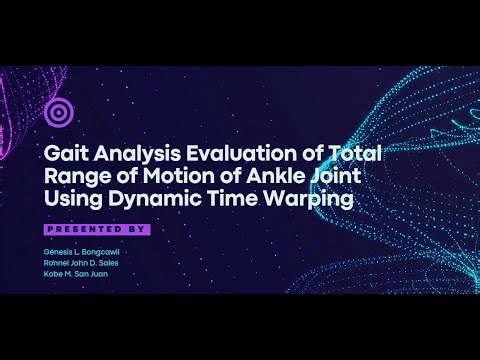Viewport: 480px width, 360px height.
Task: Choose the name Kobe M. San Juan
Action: click(76, 274)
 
